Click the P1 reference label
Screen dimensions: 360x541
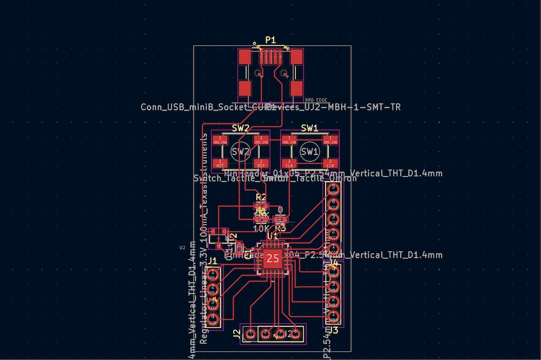coord(270,40)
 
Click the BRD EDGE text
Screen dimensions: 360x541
coord(315,100)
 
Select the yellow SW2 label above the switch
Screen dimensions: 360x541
coord(241,128)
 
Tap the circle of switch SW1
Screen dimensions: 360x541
coord(309,151)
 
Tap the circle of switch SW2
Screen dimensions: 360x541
coord(241,151)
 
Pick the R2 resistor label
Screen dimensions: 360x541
coord(261,198)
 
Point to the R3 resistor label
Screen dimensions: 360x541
coord(280,227)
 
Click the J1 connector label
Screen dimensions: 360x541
coord(213,261)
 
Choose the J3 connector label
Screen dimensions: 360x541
coord(333,330)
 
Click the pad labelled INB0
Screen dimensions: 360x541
coord(333,320)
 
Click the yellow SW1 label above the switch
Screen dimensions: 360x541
coord(309,128)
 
